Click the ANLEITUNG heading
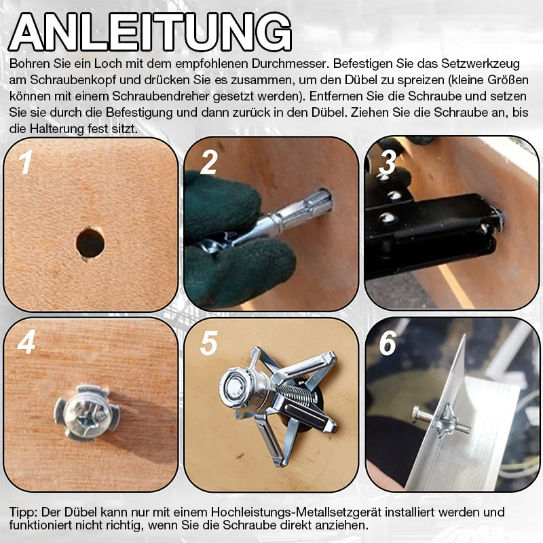151,31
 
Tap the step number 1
26,164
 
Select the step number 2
208,163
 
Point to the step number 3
388,163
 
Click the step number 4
26,343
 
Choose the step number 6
388,343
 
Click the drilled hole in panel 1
90,242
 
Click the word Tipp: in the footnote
25,511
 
